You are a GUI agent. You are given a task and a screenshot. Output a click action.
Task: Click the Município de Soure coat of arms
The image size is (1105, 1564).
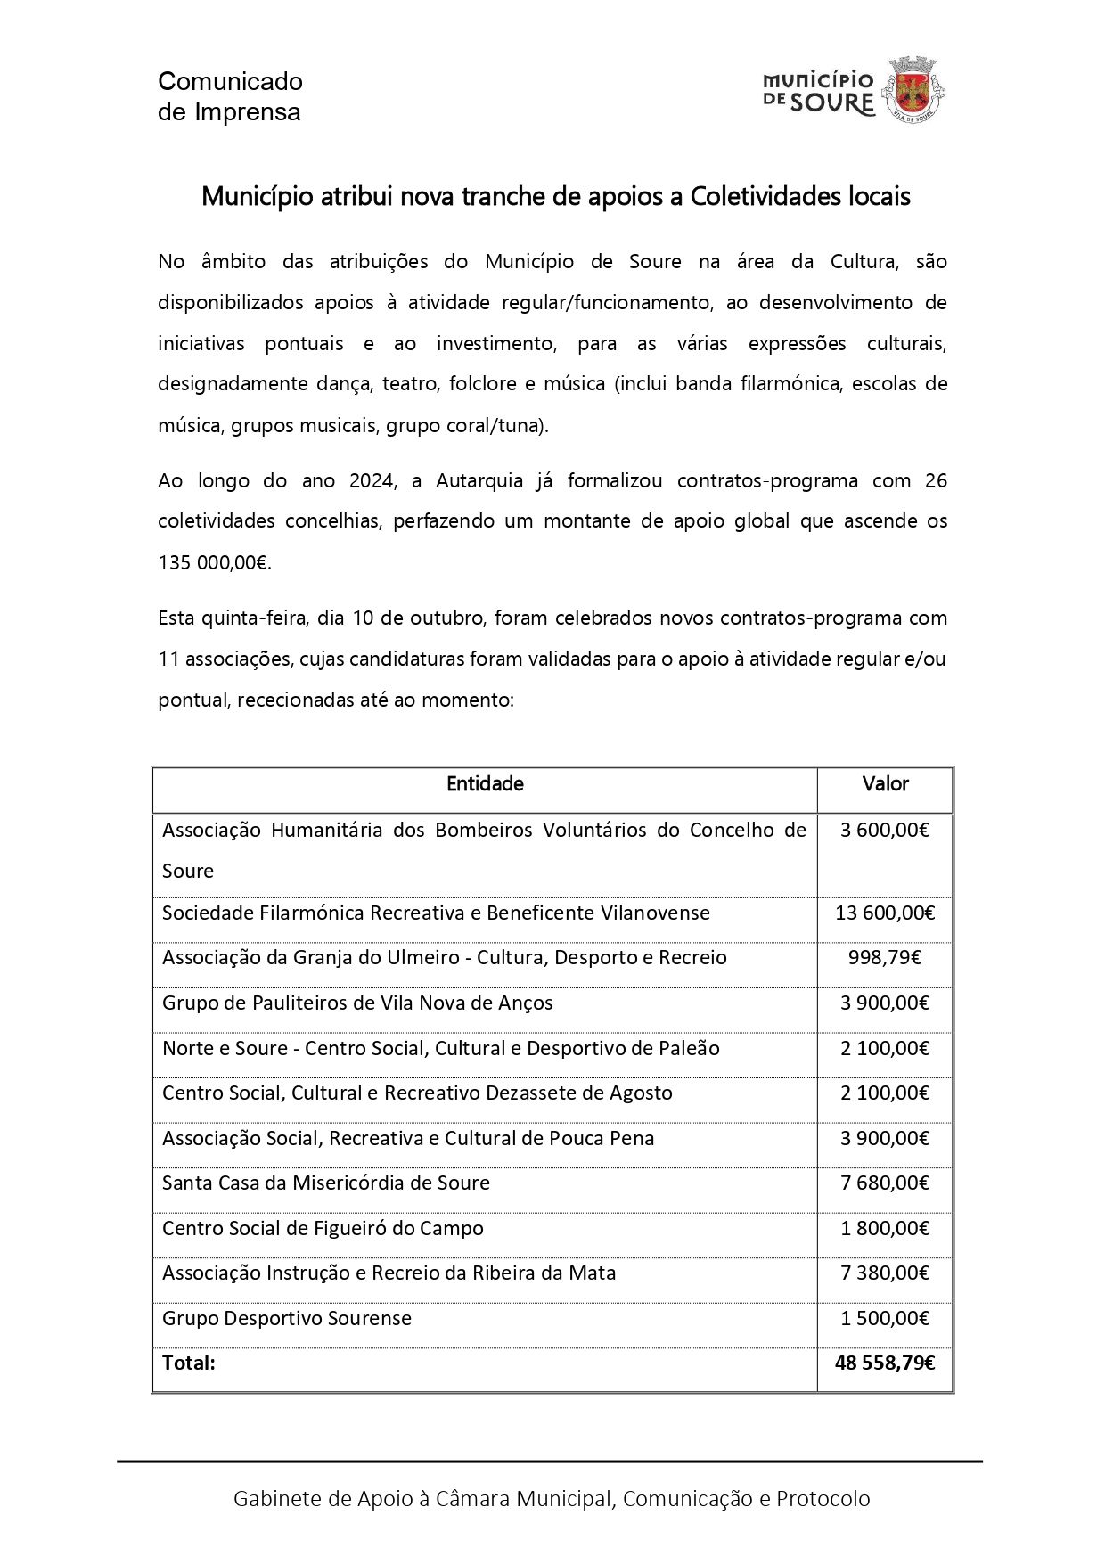click(x=913, y=88)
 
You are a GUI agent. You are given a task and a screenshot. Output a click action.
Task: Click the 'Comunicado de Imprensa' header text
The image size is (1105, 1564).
click(x=230, y=96)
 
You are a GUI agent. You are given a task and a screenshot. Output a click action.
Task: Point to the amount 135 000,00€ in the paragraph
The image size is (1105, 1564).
click(x=214, y=563)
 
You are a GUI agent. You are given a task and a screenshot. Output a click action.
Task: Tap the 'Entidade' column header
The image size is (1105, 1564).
click(x=485, y=784)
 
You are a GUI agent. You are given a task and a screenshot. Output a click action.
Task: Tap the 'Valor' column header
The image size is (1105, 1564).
click(x=885, y=784)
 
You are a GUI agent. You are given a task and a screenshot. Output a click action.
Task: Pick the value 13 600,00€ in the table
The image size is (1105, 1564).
click(x=885, y=913)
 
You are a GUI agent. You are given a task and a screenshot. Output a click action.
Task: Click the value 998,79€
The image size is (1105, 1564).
click(x=885, y=958)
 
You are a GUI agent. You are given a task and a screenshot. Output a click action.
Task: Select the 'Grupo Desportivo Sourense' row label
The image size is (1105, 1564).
click(x=287, y=1318)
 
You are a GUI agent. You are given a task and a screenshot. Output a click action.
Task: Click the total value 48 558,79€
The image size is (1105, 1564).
click(x=885, y=1363)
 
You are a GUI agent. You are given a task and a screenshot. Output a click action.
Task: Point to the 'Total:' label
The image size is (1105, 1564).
click(x=189, y=1363)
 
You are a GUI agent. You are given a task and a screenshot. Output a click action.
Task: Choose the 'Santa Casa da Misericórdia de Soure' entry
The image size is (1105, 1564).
click(x=326, y=1183)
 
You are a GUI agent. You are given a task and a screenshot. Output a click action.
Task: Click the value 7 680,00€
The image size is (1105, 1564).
click(x=885, y=1183)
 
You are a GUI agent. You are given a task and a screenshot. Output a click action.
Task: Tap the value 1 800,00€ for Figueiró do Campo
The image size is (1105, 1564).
click(x=885, y=1228)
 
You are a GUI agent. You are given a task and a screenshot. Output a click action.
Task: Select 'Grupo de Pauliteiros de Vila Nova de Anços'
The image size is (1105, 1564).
click(x=357, y=1003)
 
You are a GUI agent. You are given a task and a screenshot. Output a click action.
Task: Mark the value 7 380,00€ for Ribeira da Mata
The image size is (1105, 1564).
click(x=885, y=1273)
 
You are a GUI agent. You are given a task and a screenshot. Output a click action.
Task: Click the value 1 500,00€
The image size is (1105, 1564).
click(x=885, y=1318)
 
